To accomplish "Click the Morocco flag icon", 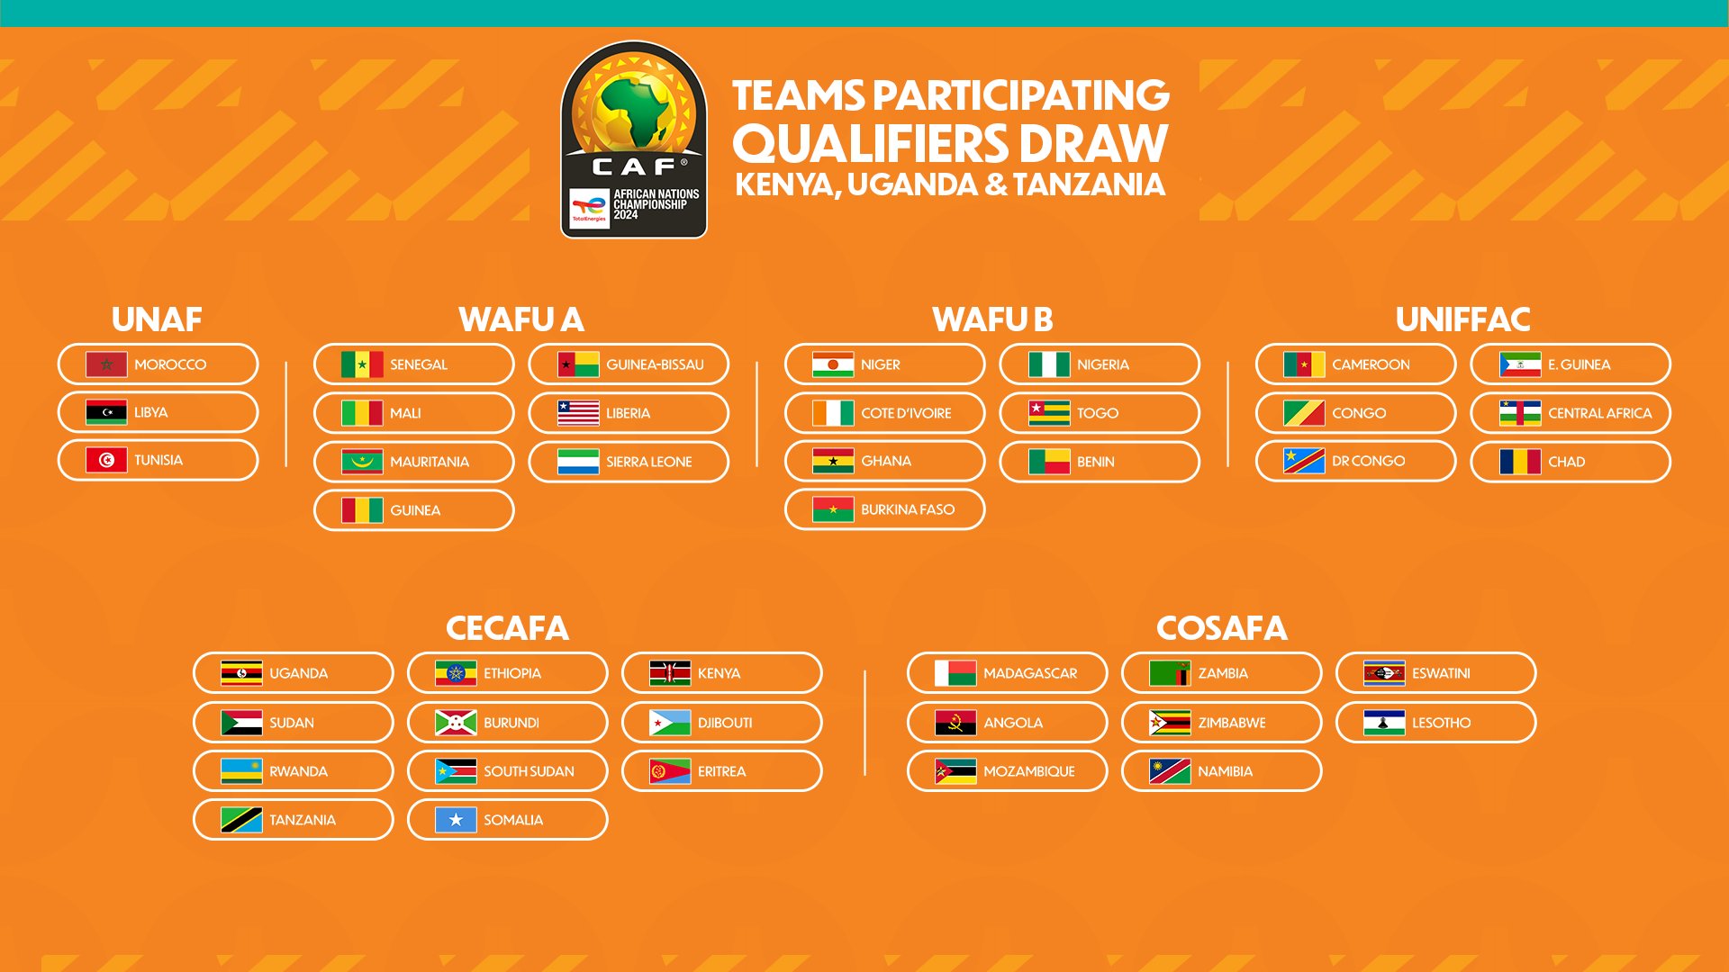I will pyautogui.click(x=106, y=364).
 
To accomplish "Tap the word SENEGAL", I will pyautogui.click(x=419, y=364).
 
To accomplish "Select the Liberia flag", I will pyautogui.click(x=578, y=413).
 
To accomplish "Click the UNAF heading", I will pyautogui.click(x=157, y=319).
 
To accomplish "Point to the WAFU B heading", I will pyautogui.click(x=992, y=319).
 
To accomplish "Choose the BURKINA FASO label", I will pyautogui.click(x=908, y=509).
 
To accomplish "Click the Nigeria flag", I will pyautogui.click(x=1049, y=364).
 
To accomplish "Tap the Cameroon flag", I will pyautogui.click(x=1304, y=364).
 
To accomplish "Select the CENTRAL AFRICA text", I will pyautogui.click(x=1600, y=413).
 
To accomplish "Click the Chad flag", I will pyautogui.click(x=1520, y=462).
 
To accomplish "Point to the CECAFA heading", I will pyautogui.click(x=507, y=628).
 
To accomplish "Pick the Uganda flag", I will pyautogui.click(x=241, y=673).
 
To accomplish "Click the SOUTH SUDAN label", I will pyautogui.click(x=529, y=771).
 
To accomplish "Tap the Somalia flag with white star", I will pyautogui.click(x=456, y=820).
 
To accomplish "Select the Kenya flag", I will pyautogui.click(x=670, y=673).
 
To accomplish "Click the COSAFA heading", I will pyautogui.click(x=1221, y=628).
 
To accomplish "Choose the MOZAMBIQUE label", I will pyautogui.click(x=1029, y=771).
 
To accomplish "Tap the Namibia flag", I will pyautogui.click(x=1170, y=771).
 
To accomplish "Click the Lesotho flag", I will pyautogui.click(x=1384, y=723).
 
